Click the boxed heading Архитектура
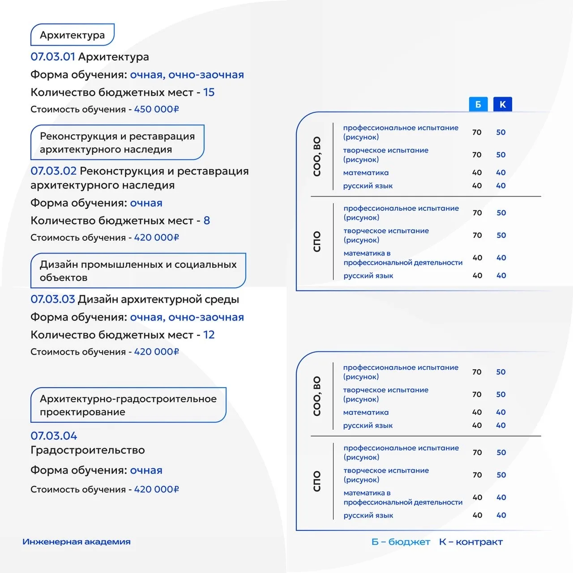72,35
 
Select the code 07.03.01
53,57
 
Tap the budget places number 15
209,92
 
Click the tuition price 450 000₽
156,109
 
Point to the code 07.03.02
53,171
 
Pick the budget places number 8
206,220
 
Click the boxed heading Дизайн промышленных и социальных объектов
138,271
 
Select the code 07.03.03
53,299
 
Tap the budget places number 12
209,335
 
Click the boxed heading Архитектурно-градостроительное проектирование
128,405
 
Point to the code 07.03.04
54,436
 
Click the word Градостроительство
88,450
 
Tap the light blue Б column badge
478,104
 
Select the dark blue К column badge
502,104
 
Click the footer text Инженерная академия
77,542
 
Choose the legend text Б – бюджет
401,542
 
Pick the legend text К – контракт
471,542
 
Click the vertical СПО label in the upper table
317,241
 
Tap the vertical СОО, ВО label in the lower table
317,396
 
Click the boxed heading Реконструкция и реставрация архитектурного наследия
117,142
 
